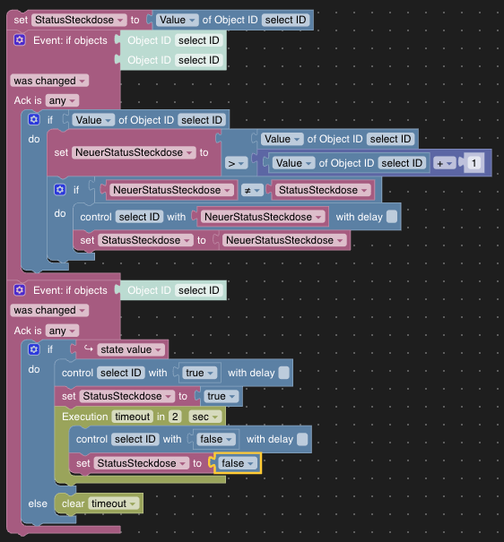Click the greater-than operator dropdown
coord(236,163)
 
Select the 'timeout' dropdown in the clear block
coord(114,503)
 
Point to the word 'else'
coord(37,503)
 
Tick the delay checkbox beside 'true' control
coord(283,373)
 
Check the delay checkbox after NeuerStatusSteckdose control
coord(392,217)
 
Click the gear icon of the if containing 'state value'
coord(34,349)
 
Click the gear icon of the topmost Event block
coord(20,40)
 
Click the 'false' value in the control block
coord(215,439)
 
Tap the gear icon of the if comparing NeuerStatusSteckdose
coord(60,190)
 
